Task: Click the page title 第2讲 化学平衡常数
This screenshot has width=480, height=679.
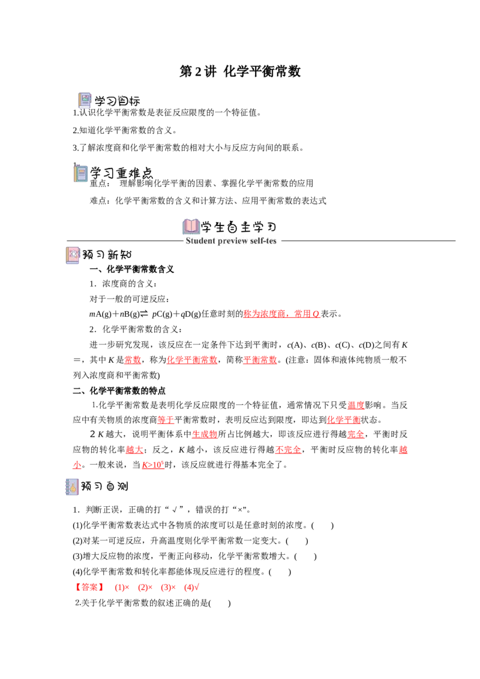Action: (240, 71)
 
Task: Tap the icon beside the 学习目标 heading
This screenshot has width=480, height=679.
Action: (85, 100)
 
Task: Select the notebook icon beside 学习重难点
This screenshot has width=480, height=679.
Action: (80, 173)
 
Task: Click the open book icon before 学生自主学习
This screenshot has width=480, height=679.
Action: (191, 227)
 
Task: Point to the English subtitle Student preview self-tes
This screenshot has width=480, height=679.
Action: (231, 241)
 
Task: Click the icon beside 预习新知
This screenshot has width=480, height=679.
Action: (73, 255)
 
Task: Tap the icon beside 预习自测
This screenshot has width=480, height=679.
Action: (72, 486)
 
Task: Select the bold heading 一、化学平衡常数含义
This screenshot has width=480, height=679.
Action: (131, 269)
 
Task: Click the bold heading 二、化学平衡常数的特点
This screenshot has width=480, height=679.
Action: (119, 390)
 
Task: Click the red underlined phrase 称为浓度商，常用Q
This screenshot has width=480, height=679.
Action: (281, 314)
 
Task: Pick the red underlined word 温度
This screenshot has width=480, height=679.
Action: (356, 405)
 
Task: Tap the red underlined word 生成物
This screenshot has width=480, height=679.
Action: (205, 434)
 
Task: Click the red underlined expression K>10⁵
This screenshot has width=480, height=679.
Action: (153, 465)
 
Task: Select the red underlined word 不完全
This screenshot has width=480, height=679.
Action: (288, 450)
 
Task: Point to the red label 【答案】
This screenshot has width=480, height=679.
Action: (89, 587)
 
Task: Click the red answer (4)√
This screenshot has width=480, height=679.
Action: (191, 587)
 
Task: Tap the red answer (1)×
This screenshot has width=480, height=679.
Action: (122, 587)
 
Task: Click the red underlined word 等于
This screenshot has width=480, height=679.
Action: (166, 420)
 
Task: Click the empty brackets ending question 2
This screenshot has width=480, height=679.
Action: (220, 603)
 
